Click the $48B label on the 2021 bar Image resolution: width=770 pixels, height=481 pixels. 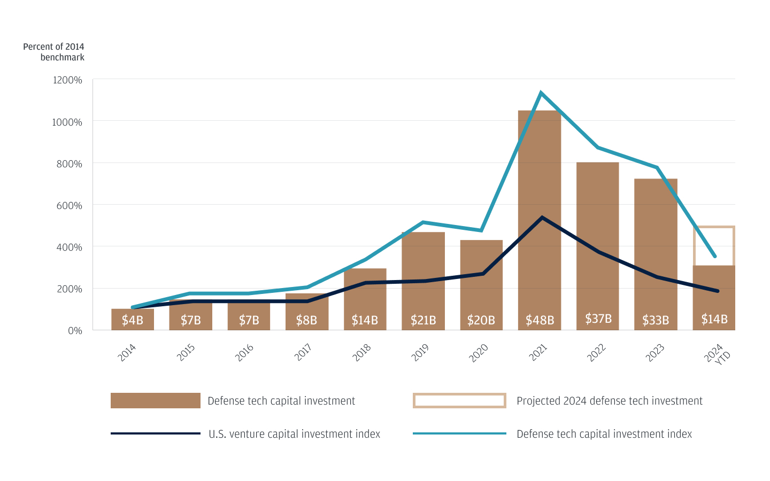point(540,320)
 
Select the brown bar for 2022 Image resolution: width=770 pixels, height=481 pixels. point(597,241)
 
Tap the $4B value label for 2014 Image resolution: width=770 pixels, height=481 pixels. point(132,320)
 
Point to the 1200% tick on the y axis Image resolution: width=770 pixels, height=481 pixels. point(67,80)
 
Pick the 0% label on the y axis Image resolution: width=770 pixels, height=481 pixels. point(75,331)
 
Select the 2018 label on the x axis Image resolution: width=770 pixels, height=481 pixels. point(362,353)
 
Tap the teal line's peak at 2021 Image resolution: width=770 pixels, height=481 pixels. point(541,93)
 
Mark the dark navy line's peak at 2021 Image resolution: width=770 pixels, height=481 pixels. point(542,218)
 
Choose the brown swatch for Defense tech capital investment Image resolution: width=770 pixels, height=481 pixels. point(155,401)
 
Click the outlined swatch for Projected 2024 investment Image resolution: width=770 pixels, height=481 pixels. point(459,401)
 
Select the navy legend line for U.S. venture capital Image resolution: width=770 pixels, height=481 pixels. point(155,433)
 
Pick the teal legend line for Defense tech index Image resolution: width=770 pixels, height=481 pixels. point(459,433)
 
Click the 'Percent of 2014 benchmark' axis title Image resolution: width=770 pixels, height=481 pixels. point(53,52)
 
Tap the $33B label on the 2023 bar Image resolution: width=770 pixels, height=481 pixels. point(656,320)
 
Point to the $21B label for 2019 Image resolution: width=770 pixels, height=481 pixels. point(423,320)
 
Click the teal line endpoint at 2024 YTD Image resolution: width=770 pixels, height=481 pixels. point(715,256)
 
